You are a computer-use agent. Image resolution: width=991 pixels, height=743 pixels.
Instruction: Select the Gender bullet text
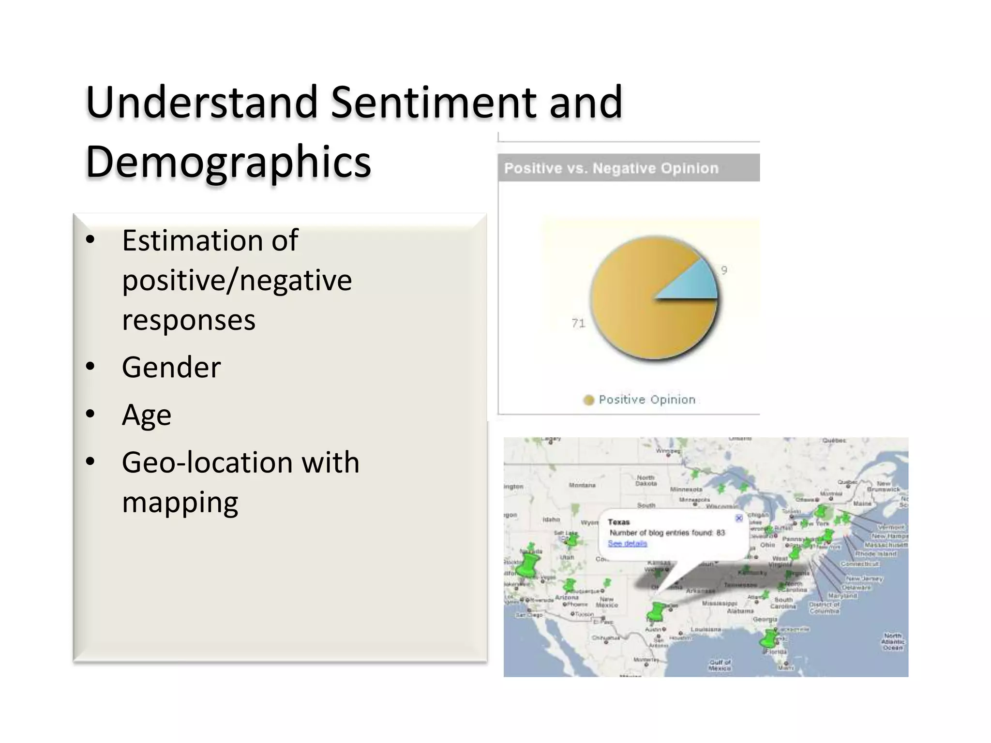click(x=171, y=368)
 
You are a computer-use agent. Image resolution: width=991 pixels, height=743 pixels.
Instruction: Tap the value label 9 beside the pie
click(x=724, y=270)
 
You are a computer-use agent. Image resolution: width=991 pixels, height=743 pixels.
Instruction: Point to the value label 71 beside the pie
click(x=578, y=323)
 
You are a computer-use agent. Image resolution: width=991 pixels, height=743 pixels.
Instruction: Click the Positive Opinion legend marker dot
click(x=588, y=400)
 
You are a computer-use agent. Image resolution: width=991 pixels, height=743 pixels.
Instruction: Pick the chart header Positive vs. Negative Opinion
click(x=611, y=168)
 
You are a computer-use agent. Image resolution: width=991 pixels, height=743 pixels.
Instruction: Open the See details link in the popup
click(x=627, y=544)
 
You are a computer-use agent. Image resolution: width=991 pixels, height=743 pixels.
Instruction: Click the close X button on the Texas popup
click(x=739, y=519)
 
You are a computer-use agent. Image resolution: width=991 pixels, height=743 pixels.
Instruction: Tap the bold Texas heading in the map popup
click(x=618, y=522)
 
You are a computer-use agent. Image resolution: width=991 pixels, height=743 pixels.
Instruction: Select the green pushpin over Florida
click(x=769, y=639)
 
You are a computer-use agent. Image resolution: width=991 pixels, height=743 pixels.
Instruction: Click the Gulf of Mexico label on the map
click(x=720, y=665)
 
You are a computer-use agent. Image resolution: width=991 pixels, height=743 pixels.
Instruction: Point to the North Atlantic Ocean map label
click(x=893, y=641)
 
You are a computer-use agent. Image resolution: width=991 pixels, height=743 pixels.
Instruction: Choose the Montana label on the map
click(x=582, y=485)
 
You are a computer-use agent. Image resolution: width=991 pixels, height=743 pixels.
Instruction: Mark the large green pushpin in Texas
click(x=657, y=611)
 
